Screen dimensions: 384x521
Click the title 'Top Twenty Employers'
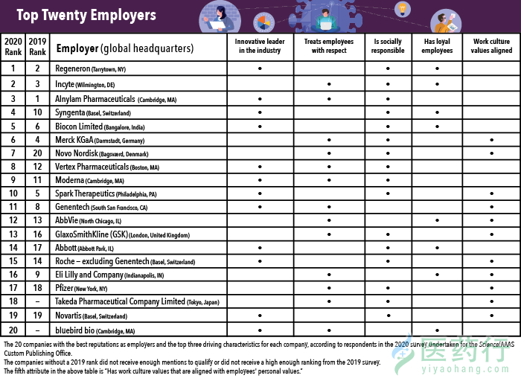(86, 15)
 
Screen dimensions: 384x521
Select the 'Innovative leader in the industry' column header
(259, 46)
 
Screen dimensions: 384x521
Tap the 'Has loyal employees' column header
(437, 46)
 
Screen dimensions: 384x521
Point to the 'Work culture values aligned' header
(491, 46)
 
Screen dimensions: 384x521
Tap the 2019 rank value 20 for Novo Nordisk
(37, 153)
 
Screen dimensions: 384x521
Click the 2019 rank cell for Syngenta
(37, 112)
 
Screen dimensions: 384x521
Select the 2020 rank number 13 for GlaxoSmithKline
(13, 234)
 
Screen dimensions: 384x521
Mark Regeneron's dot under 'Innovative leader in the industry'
(259, 68)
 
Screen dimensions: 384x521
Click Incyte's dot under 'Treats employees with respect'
(329, 84)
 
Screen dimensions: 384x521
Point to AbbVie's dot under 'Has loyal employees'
(437, 220)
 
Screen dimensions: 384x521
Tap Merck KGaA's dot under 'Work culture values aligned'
(491, 140)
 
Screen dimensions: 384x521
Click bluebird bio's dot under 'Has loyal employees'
(437, 330)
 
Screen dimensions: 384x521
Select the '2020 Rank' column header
(13, 46)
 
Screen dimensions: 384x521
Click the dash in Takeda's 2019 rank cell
(37, 301)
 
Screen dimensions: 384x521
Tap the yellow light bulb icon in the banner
(402, 9)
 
